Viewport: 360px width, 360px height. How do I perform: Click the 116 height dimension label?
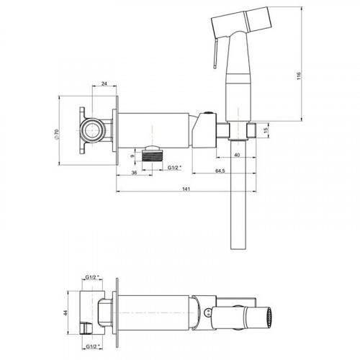[x=299, y=76]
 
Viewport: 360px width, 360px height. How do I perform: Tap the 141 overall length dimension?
[x=186, y=189]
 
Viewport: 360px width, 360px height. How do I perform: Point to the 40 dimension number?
[x=237, y=155]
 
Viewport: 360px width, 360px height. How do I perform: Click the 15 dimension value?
[x=266, y=131]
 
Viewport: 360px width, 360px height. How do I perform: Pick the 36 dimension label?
[x=134, y=173]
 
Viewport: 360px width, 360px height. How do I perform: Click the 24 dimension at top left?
[x=104, y=84]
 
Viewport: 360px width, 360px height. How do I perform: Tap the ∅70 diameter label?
[x=57, y=134]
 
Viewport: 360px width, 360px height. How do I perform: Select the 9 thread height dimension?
[x=132, y=156]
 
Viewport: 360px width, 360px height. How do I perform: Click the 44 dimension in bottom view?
[x=66, y=312]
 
